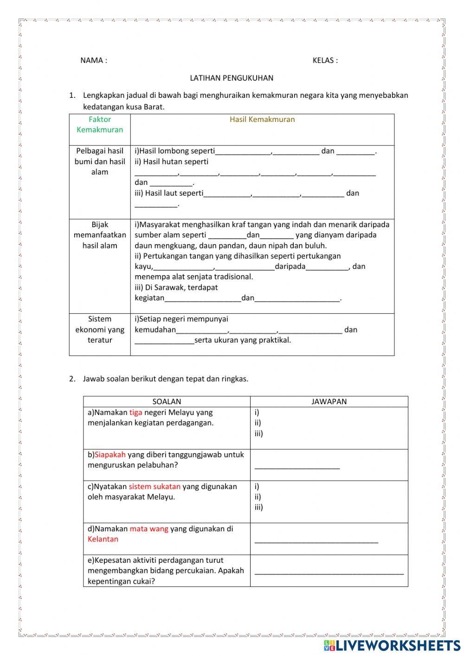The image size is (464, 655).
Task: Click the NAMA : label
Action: click(94, 60)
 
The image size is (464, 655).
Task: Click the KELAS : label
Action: click(325, 60)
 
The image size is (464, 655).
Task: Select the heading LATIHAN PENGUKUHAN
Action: click(232, 78)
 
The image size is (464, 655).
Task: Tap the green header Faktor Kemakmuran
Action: click(100, 125)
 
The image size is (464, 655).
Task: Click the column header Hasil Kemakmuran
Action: click(262, 120)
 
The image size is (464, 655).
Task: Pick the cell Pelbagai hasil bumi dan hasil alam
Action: click(100, 161)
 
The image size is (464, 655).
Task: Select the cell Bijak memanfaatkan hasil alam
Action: click(100, 235)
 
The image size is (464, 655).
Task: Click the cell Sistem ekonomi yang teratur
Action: click(100, 330)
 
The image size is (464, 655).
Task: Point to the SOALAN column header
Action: click(167, 402)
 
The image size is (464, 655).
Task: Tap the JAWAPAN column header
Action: click(329, 402)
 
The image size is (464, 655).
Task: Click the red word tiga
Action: click(136, 413)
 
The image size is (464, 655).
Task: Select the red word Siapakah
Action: click(110, 455)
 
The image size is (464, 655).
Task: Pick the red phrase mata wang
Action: click(149, 529)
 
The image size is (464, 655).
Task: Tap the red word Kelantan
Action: click(103, 539)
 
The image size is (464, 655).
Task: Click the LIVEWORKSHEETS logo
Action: click(392, 645)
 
